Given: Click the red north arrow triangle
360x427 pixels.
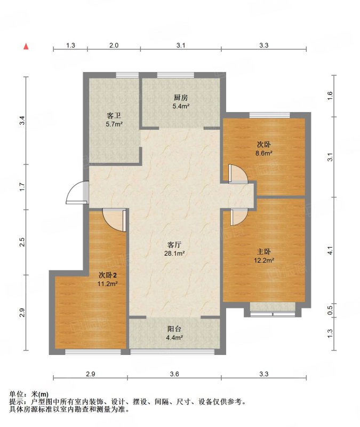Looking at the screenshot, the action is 26,46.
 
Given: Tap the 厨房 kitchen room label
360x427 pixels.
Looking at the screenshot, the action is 181,98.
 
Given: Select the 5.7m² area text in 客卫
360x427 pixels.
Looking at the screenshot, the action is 114,124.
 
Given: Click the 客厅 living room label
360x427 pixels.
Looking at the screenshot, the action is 174,244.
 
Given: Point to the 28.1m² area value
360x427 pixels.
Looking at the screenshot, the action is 174,254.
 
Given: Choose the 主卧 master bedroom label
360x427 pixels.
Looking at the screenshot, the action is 263,251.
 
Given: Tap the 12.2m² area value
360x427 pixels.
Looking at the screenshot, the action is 263,260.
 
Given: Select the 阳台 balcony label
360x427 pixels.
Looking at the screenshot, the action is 174,329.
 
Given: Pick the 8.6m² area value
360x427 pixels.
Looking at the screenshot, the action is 263,153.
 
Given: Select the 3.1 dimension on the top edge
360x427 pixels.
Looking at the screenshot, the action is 181,45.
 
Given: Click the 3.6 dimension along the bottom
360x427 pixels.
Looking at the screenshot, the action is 174,374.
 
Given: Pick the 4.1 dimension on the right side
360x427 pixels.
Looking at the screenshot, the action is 330,250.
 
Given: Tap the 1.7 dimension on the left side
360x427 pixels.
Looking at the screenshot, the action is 22,187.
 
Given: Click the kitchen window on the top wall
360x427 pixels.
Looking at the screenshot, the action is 176,75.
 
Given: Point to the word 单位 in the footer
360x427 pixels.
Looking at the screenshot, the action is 16,394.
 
